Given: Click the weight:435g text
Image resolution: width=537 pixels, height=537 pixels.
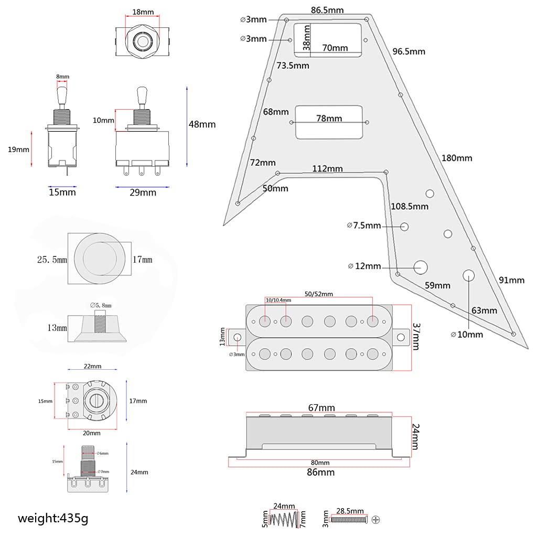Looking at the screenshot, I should (53, 519).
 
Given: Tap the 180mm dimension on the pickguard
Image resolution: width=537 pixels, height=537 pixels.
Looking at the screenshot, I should (456, 158).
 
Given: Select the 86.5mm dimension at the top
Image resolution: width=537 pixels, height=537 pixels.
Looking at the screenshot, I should (327, 10).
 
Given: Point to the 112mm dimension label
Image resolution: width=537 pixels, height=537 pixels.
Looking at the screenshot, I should (327, 168).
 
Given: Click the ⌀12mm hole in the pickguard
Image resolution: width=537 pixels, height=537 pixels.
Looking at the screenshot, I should (420, 266).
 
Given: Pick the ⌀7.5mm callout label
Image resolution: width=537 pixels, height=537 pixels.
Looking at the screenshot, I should (364, 225).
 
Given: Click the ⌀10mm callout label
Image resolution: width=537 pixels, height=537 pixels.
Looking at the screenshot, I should (467, 334).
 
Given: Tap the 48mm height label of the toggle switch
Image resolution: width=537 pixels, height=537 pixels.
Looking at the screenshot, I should (202, 124).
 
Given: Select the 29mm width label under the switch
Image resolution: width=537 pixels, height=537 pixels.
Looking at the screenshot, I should (143, 192).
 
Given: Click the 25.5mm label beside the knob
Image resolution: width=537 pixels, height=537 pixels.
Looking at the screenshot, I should (51, 259).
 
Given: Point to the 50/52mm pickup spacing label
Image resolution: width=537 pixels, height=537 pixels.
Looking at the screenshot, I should (319, 294).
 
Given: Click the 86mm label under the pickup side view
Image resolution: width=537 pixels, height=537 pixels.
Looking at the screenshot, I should (321, 472).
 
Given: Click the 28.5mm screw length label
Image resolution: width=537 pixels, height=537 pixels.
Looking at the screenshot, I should (350, 510).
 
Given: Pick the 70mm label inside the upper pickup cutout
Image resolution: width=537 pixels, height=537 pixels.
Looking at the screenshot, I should (335, 48).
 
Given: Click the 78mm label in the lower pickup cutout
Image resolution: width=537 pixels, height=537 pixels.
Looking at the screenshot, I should (329, 118).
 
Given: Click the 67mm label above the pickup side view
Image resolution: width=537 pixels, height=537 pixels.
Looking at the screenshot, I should (321, 407).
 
